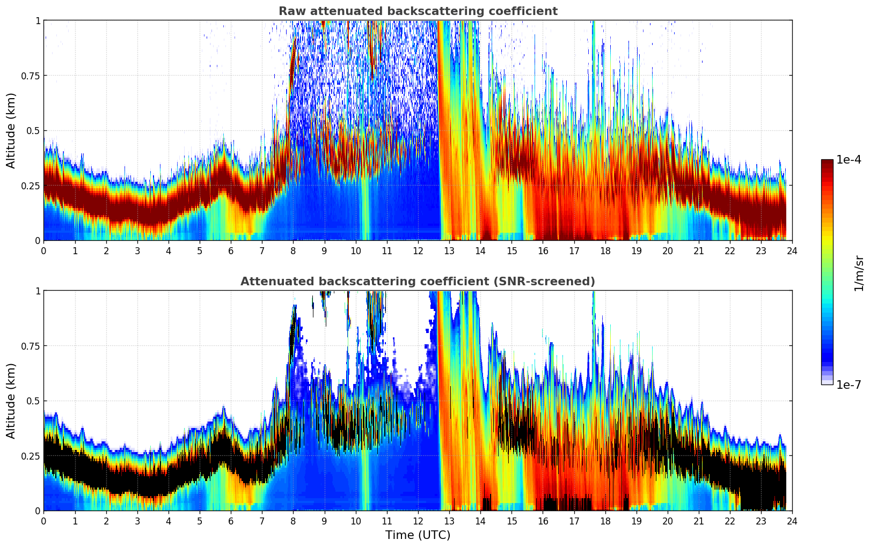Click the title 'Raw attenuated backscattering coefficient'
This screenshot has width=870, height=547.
(418, 11)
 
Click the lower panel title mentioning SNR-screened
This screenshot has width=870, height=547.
(418, 282)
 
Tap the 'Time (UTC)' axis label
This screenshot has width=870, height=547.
(418, 535)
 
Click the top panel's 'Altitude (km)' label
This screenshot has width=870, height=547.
(11, 130)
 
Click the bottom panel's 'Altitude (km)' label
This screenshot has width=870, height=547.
(11, 401)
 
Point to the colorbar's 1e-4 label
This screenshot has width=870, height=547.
(849, 160)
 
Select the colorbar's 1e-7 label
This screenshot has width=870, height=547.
(849, 385)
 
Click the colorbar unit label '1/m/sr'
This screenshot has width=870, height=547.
(858, 273)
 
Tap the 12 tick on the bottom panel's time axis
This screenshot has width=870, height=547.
(418, 521)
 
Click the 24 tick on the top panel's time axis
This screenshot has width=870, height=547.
(792, 250)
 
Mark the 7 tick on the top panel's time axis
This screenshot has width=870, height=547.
(262, 250)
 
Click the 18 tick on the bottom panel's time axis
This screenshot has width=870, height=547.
(605, 521)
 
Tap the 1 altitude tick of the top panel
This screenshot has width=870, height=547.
(38, 20)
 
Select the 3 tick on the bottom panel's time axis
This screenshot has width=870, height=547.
(137, 521)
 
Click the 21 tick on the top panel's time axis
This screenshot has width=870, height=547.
(698, 250)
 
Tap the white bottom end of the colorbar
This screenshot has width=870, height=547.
(827, 382)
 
